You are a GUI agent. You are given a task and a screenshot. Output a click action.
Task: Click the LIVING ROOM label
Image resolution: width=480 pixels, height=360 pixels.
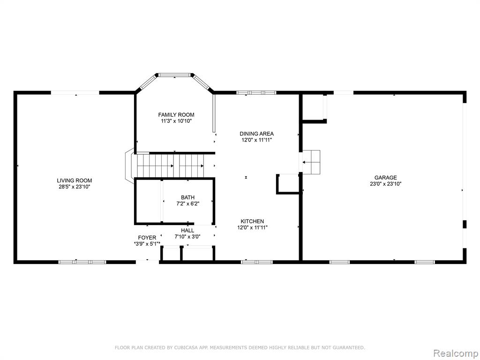coord(75,180)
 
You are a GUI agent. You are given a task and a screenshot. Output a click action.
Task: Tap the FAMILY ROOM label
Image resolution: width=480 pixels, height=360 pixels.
coord(176,115)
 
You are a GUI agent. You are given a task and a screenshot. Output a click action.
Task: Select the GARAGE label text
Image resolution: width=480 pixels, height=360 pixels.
coord(385,178)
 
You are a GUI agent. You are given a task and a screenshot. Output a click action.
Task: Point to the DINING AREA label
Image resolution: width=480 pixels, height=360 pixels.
coord(256,134)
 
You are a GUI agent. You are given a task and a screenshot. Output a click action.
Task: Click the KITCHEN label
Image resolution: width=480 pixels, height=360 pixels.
coord(252,221)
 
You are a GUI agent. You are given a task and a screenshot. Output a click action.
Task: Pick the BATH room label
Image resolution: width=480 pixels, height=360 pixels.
coord(187,197)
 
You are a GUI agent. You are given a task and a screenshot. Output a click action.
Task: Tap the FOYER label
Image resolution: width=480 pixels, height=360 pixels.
coord(147,238)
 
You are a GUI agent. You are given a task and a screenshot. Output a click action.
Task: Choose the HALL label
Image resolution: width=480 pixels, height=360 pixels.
coord(187,231)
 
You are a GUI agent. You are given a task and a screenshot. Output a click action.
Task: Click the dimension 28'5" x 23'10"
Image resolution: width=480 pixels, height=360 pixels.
coord(75,187)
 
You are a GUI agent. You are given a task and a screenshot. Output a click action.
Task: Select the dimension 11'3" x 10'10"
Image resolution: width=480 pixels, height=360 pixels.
coord(176,121)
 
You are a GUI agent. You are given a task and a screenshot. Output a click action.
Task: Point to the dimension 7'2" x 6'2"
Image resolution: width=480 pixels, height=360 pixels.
coord(187,203)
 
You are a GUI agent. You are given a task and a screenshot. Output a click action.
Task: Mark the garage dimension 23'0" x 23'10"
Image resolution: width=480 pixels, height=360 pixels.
coord(385,184)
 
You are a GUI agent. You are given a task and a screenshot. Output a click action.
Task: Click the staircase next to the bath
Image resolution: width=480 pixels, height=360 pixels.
coord(170,165)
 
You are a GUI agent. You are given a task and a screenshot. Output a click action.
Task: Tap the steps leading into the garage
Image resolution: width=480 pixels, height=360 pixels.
coord(311,162)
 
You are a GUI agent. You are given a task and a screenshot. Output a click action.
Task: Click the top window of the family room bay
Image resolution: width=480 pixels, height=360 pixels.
coord(174,75)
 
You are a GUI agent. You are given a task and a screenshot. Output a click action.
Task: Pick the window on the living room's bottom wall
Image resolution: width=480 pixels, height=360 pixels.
coord(82,262)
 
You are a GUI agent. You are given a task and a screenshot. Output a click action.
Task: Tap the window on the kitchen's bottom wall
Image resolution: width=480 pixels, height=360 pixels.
coord(257,262)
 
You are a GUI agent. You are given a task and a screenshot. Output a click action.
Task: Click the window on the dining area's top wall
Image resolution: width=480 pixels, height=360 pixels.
coord(256,92)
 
